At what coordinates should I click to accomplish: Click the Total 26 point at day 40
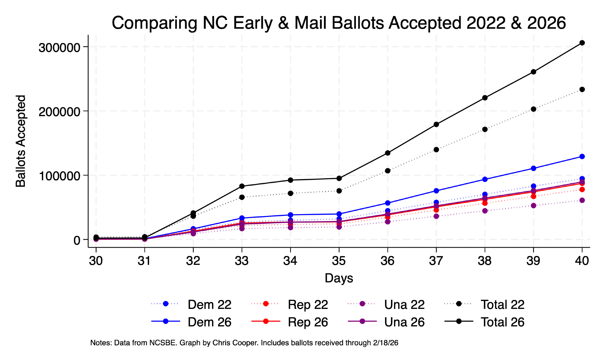(x=582, y=43)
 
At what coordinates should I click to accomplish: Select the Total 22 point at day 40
(x=582, y=89)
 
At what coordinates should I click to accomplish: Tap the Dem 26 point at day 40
(x=582, y=156)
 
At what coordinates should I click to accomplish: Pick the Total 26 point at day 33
(x=242, y=186)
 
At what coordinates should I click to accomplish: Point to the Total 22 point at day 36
(x=388, y=171)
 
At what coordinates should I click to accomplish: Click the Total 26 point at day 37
(x=436, y=124)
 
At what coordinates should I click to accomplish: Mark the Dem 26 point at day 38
(x=485, y=179)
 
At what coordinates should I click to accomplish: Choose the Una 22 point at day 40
(x=582, y=200)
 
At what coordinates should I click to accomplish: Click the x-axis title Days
(x=339, y=278)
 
